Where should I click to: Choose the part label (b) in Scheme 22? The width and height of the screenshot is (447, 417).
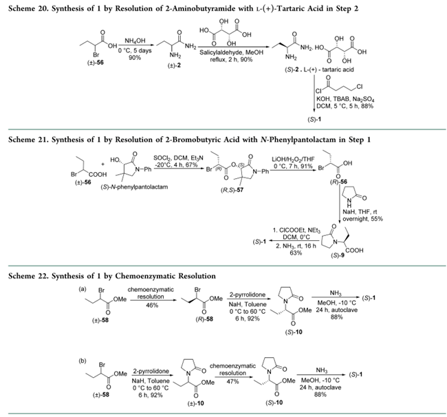tap(76, 357)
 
